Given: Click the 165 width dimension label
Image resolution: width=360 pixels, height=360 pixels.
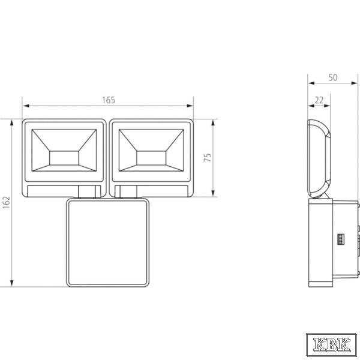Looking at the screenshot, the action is point(109,100).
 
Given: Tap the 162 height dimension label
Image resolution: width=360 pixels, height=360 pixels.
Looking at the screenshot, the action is point(7,202).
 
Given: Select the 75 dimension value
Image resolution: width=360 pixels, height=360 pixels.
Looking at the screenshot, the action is point(208,157).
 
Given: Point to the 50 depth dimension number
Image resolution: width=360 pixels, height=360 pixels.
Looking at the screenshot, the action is point(333,77).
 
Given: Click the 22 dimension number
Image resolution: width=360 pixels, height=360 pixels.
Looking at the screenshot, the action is point(319,100).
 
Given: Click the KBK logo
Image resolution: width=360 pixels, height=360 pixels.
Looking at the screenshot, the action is point(332,344).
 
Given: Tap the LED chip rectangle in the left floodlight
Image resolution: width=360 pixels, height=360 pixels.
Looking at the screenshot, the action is point(64,158).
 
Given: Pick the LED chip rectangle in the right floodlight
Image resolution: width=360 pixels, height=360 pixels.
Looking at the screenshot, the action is point(151,158).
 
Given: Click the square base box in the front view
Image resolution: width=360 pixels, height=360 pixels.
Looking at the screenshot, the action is point(107,243).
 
